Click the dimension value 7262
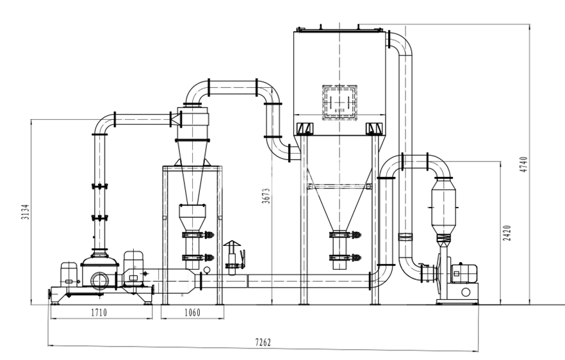tap(263, 343)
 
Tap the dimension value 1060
tap(192, 313)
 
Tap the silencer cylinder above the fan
tap(443, 207)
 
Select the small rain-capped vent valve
tap(231, 256)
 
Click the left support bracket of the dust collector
tap(304, 129)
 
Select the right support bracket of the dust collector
tap(373, 129)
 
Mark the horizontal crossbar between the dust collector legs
tap(340, 186)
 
